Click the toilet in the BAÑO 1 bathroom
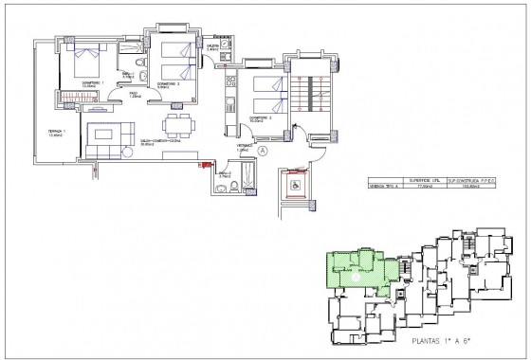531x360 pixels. [x=140, y=64]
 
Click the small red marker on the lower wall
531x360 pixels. [x=201, y=165]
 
